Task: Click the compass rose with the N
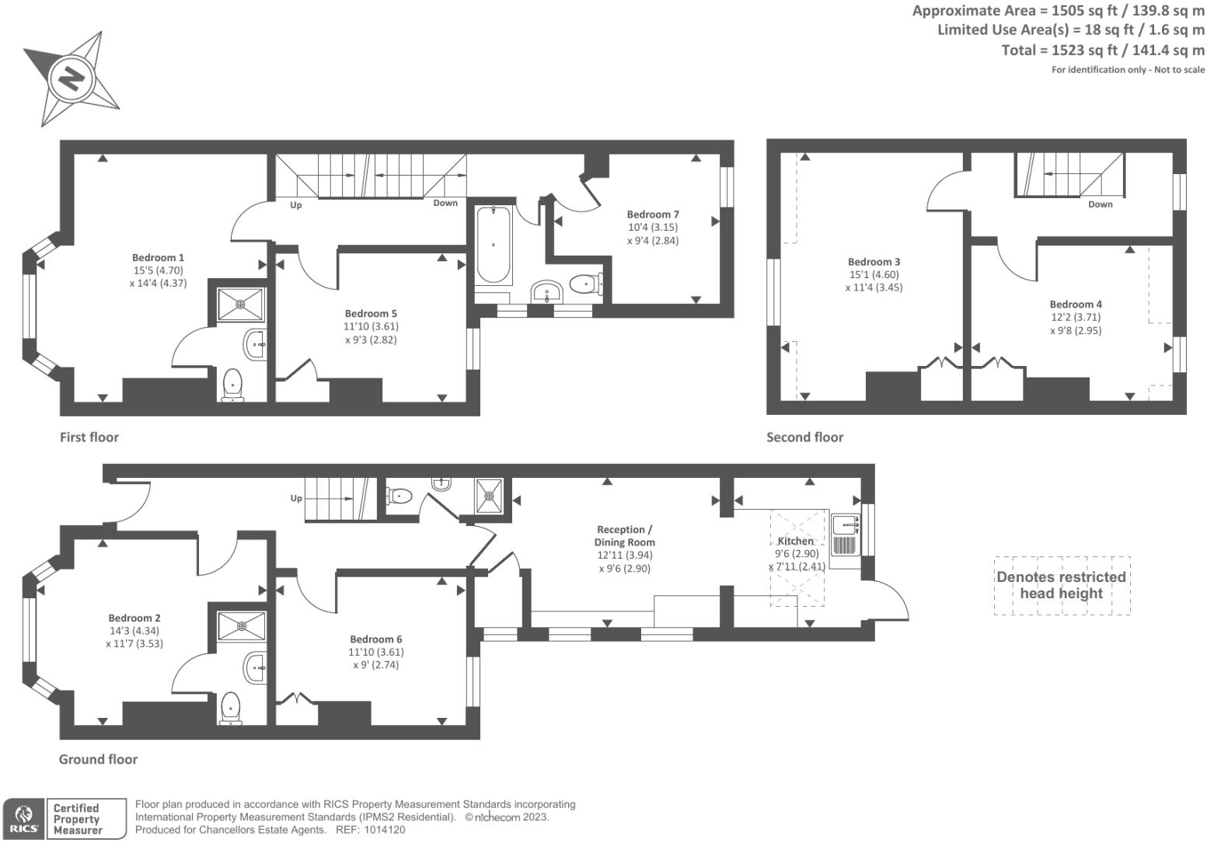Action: click(72, 79)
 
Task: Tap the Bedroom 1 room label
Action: click(158, 257)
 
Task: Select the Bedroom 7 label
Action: click(653, 214)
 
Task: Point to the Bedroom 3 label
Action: click(874, 262)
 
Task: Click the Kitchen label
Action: click(796, 541)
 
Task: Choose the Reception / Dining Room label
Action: click(624, 536)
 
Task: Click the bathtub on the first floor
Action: click(494, 245)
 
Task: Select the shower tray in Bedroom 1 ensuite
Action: click(240, 302)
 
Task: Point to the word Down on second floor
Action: click(1100, 204)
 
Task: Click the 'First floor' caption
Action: click(89, 437)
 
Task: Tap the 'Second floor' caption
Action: click(804, 437)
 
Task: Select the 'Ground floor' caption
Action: click(98, 759)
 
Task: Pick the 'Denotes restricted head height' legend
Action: click(1061, 585)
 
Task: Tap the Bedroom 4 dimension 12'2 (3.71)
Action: click(1076, 317)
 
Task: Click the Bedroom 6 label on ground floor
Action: click(376, 639)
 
